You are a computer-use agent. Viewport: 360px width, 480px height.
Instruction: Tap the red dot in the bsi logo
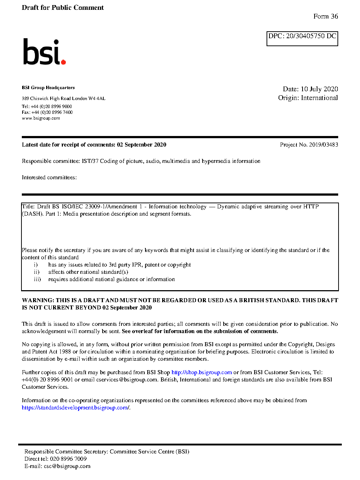[x=64, y=62]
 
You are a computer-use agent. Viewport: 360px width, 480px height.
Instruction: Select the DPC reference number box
[x=302, y=39]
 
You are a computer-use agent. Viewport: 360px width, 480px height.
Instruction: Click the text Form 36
[x=325, y=16]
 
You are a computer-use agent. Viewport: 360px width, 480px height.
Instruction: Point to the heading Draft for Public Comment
[x=63, y=8]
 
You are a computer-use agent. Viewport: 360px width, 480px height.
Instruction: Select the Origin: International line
[x=308, y=98]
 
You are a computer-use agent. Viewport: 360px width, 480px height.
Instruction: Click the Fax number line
[x=47, y=112]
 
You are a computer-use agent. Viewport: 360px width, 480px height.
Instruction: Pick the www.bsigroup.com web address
[x=41, y=118]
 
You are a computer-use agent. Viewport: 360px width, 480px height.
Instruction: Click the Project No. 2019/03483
[x=309, y=145]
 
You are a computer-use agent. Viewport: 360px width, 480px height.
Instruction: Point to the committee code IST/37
[x=90, y=161]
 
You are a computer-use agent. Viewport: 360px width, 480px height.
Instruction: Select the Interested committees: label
[x=49, y=177]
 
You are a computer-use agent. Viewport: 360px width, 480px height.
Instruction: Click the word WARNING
[x=38, y=300]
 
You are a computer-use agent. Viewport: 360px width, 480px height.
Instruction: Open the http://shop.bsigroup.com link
[x=201, y=372]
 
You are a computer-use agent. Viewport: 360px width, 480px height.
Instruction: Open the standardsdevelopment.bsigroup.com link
[x=75, y=408]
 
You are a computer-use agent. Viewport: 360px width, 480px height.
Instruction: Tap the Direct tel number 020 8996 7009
[x=68, y=459]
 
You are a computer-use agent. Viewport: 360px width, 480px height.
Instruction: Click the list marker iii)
[x=37, y=279]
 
